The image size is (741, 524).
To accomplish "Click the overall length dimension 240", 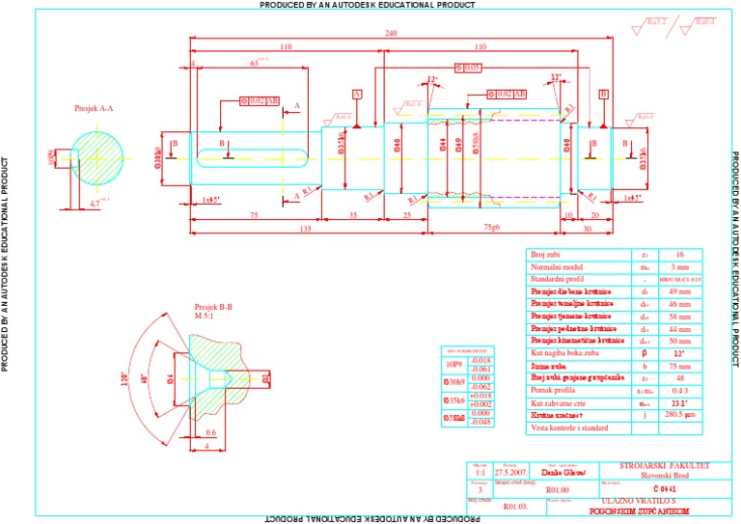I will [x=390, y=33].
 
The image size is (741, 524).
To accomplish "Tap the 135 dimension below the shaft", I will [x=306, y=228].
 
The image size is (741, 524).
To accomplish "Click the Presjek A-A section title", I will [x=95, y=109].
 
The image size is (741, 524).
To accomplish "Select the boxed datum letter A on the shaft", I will [x=357, y=94].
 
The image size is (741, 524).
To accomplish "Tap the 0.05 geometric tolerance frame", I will [x=468, y=68].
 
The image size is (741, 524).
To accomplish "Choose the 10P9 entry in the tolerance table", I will [x=454, y=364].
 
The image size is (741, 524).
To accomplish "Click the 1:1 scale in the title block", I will [x=480, y=472].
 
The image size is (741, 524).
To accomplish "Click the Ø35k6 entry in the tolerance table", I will [x=454, y=400].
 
